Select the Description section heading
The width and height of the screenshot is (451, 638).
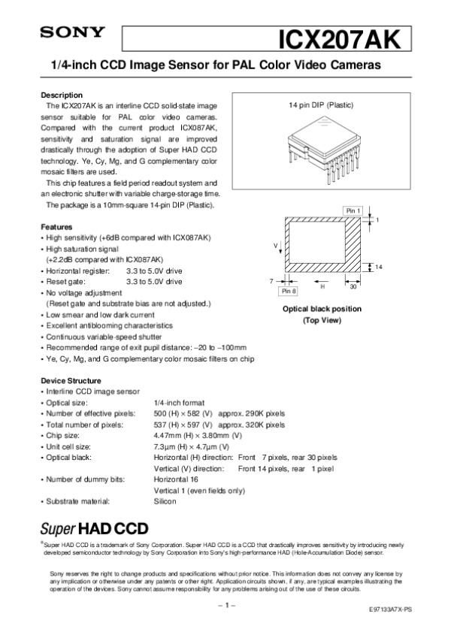point(61,95)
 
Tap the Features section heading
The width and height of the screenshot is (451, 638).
point(56,227)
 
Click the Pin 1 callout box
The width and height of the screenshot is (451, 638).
point(353,210)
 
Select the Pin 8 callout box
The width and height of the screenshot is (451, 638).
point(289,290)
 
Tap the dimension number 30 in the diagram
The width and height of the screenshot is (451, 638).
point(352,286)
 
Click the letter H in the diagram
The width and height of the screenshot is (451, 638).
point(322,286)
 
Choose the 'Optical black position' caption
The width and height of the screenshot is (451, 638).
point(321,309)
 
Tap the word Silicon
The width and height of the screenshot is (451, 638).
point(165,501)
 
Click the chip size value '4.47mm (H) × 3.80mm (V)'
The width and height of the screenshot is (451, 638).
point(197,435)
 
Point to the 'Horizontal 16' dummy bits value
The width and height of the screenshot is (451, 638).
point(176,479)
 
